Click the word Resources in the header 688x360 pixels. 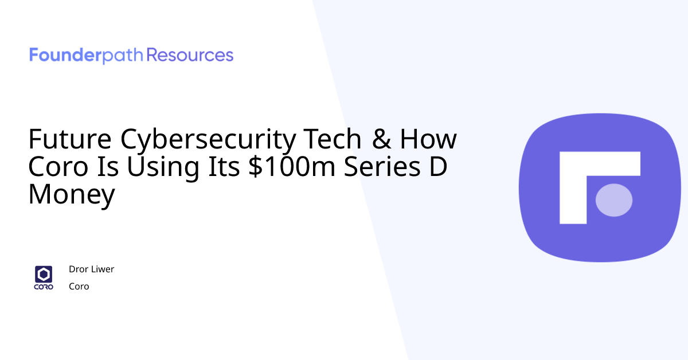click(190, 56)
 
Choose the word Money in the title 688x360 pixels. click(72, 195)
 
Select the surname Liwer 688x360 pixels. click(103, 269)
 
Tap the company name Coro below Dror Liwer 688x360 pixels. click(79, 286)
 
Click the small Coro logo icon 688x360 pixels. click(44, 277)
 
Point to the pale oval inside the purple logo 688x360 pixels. click(614, 199)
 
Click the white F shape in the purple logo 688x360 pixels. click(573, 172)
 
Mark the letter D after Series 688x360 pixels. click(439, 167)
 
